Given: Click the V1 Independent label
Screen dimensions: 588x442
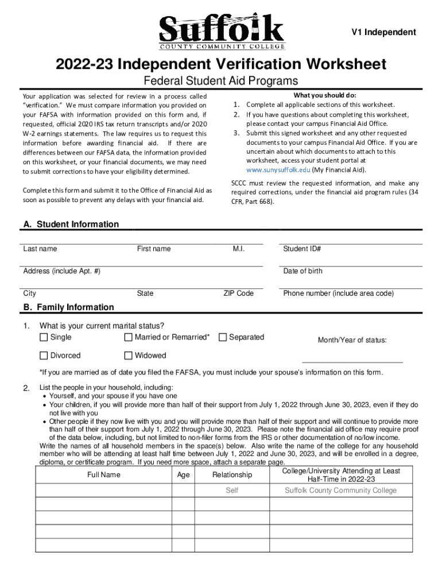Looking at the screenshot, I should coord(383,32).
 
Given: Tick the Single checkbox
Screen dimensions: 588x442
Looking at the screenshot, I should coord(44,337).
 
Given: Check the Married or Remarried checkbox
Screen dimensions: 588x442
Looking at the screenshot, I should coord(129,337).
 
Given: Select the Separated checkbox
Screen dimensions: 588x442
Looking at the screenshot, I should coord(223,337).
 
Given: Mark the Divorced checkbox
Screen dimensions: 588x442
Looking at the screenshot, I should coord(44,355).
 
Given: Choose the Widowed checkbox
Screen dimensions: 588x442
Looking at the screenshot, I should coord(129,355).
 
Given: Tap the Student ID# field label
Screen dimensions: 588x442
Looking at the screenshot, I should coord(301,249).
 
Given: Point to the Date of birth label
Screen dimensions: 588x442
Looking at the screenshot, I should coord(303,271).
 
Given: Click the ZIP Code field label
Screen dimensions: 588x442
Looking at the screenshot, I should coord(238,293).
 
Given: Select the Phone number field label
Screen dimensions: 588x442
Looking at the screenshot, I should coord(338,293).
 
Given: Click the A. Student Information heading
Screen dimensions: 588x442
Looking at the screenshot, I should coord(71,225).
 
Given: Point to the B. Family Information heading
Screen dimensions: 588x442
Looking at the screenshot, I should coord(68,307).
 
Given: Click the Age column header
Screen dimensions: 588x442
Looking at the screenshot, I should coord(183,475).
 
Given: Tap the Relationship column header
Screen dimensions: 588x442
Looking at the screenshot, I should coord(232,475).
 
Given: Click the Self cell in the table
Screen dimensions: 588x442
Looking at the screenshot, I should coord(232,490).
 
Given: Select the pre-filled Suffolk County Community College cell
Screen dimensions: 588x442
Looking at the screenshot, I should coord(340,490).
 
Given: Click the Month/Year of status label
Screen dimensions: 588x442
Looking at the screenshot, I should coord(352,341).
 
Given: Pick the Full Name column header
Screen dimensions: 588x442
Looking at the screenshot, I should coord(103,475).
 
